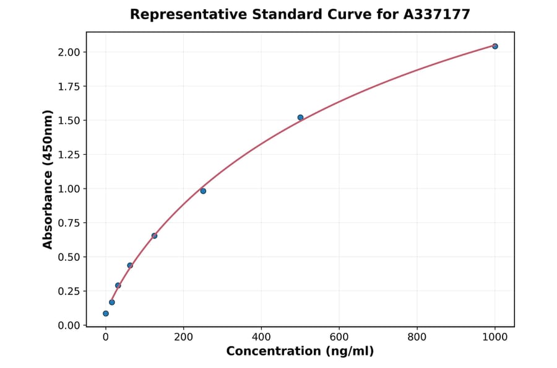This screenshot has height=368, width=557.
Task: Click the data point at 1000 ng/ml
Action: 494,46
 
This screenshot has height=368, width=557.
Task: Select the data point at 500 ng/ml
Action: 300,117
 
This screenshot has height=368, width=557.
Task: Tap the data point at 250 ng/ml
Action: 203,191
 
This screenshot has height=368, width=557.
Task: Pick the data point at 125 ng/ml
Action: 154,235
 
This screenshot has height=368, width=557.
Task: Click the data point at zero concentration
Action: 106,313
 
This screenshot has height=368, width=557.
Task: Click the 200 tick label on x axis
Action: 183,337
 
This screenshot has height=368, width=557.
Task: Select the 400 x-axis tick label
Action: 261,337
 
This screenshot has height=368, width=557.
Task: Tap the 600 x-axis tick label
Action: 339,337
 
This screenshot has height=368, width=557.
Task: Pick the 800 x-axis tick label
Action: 417,337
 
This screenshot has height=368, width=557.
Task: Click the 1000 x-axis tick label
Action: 494,337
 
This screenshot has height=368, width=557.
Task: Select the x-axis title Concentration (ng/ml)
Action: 300,351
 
